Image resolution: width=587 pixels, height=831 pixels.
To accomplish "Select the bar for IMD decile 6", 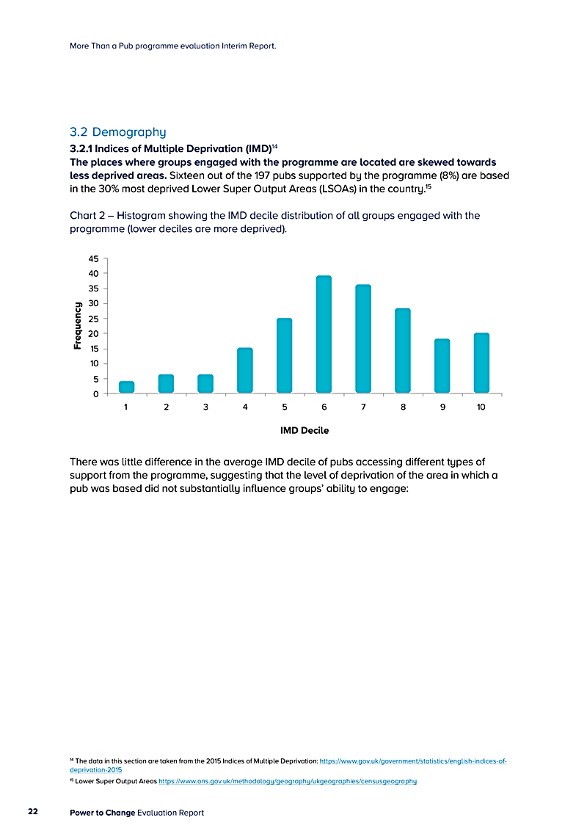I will (324, 335).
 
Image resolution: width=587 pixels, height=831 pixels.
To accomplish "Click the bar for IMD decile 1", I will (126, 387).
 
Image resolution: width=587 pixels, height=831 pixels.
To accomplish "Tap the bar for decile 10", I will (481, 363).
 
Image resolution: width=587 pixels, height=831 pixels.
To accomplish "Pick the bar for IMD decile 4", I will (245, 371).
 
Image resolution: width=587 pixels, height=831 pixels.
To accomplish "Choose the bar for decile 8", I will (402, 351).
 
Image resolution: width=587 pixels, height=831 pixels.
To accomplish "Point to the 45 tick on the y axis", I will (93, 258).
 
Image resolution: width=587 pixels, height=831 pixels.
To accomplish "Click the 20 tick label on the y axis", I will (93, 333).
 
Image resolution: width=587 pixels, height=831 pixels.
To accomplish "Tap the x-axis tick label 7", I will (363, 407).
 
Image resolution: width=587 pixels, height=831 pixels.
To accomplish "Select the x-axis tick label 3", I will (205, 407).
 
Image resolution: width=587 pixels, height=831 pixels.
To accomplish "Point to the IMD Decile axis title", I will (305, 431).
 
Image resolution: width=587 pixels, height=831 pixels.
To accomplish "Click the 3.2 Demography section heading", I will (118, 132).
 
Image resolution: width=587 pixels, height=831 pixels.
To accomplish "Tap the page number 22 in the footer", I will (33, 812).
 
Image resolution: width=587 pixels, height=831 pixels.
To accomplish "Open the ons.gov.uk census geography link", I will (288, 781).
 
